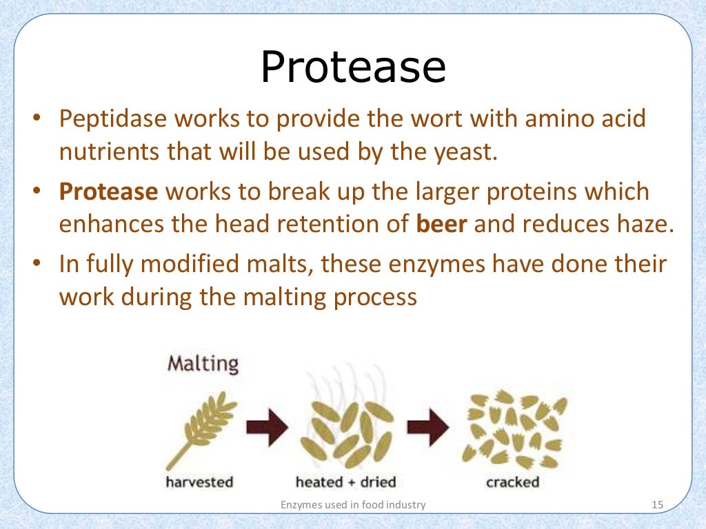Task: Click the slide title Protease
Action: tap(352, 68)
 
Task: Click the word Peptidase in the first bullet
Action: tap(112, 119)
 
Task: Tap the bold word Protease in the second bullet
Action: tap(108, 191)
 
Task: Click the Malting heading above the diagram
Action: tap(203, 363)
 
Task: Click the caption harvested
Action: tap(199, 482)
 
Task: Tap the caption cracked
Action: tap(512, 482)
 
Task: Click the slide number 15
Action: tap(656, 506)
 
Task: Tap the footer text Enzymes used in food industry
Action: tap(353, 506)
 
